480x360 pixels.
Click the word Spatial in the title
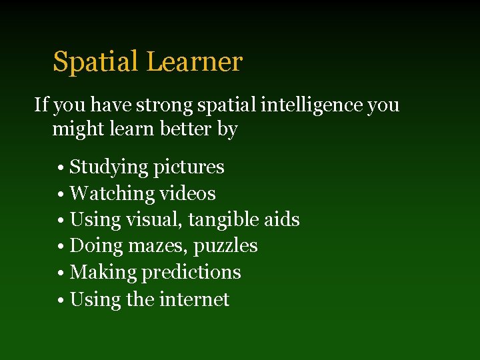click(96, 63)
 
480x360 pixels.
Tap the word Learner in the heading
click(194, 62)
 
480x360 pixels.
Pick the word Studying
click(109, 167)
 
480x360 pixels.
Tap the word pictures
click(189, 167)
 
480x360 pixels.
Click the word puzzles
click(226, 247)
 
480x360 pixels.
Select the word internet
click(194, 299)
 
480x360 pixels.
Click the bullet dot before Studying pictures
click(61, 167)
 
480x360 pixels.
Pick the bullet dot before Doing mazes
click(61, 247)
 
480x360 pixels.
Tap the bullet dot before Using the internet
click(61, 300)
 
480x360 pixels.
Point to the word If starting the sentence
click(41, 105)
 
